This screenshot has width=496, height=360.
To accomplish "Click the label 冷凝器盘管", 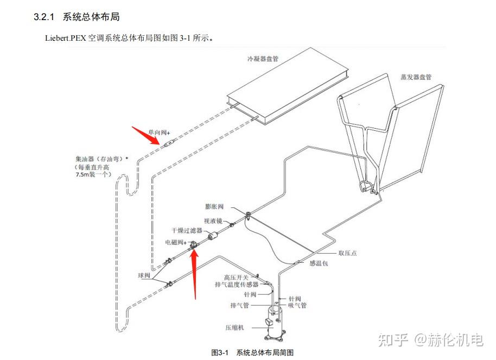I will [263, 58].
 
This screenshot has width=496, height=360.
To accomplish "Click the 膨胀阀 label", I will [214, 207].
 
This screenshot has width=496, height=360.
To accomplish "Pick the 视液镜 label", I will [213, 221].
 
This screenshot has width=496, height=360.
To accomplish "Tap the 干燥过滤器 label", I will [187, 230].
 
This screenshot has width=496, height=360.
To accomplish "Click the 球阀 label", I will [143, 275].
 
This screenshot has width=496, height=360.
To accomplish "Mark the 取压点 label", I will [347, 253].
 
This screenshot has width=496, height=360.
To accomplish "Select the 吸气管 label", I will [297, 306].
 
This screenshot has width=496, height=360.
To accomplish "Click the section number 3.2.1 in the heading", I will [44, 17].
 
